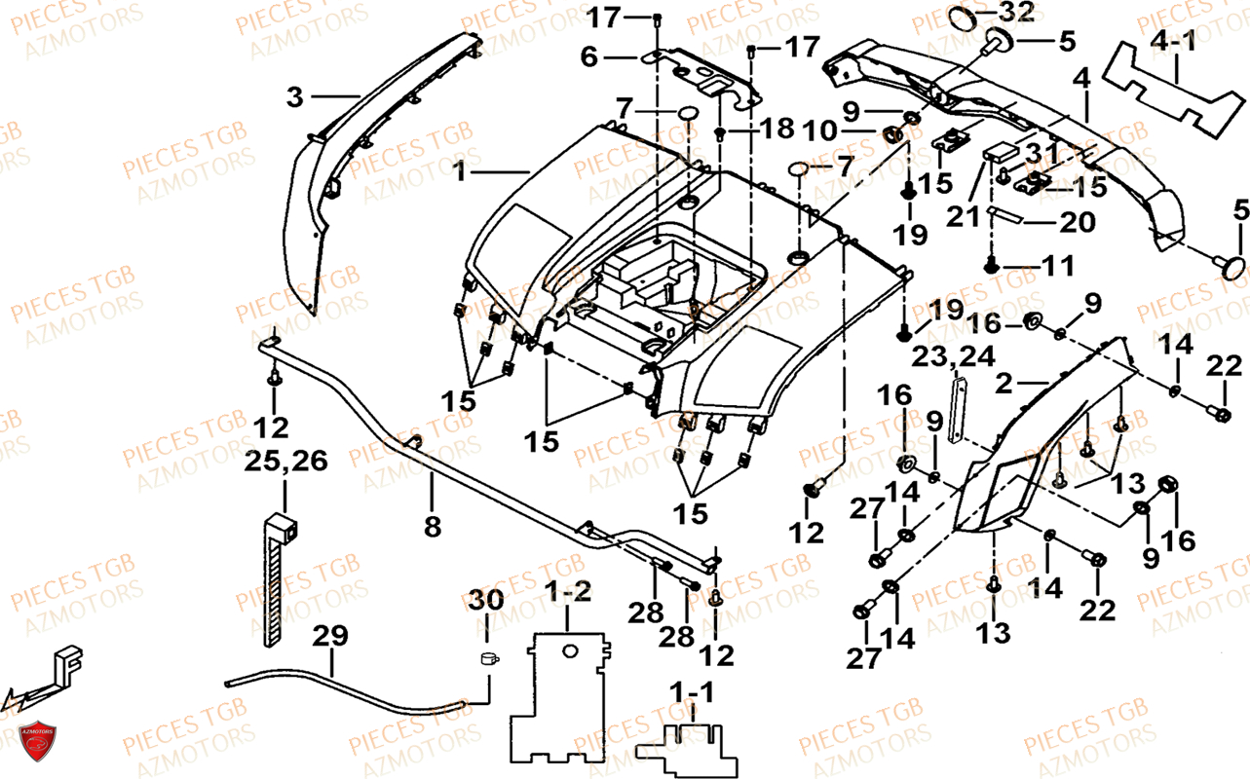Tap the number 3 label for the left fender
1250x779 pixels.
click(295, 96)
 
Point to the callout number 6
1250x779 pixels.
click(588, 57)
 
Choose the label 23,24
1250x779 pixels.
click(954, 356)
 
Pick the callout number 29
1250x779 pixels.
click(329, 636)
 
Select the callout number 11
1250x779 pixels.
click(1059, 264)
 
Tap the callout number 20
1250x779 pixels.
click(1077, 223)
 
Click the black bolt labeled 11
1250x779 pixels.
click(991, 265)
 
